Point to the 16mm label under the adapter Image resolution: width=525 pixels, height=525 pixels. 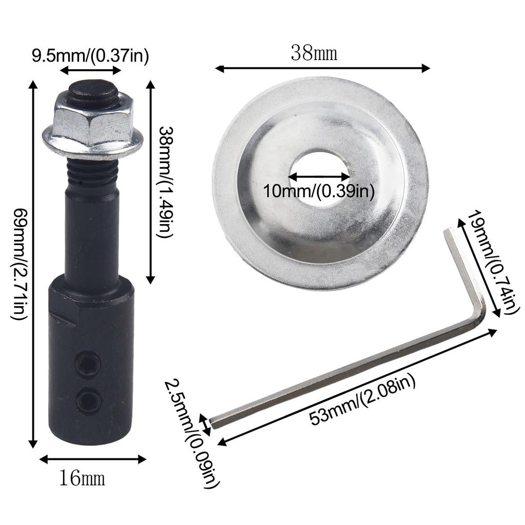coord(82,478)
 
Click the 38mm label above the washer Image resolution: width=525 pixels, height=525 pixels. coord(314,53)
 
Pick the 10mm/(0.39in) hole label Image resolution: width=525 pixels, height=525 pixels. coord(318,191)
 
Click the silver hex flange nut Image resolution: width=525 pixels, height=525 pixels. coord(93,126)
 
